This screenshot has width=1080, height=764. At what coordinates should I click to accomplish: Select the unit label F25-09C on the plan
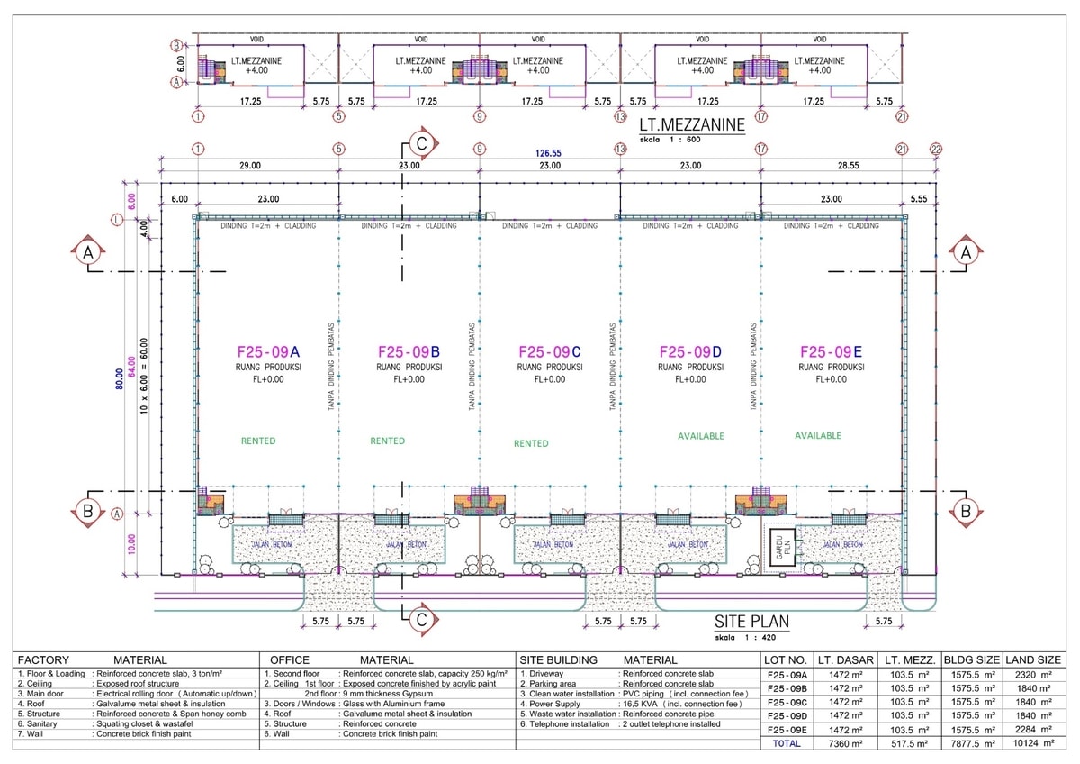550,352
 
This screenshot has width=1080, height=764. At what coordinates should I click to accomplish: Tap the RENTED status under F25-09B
388,441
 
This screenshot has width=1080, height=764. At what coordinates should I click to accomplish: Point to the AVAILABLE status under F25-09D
700,436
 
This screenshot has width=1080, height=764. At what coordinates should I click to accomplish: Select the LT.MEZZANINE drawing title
691,125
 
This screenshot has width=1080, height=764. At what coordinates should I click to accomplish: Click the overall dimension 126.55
549,154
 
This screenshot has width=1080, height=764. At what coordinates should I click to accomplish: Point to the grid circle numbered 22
936,149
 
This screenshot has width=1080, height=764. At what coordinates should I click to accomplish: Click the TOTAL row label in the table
787,743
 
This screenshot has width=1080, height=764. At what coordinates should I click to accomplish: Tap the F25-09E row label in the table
787,729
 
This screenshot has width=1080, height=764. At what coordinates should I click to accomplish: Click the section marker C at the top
420,143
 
